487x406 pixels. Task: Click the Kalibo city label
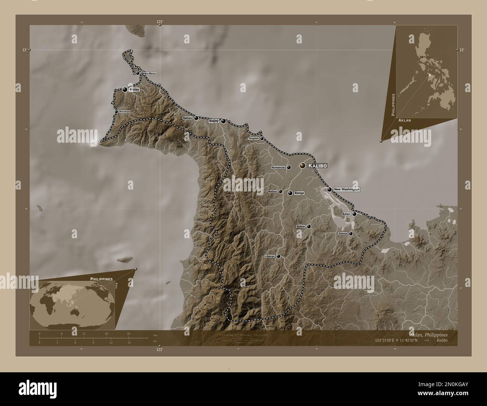(318, 166)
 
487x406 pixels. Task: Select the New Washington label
(347, 190)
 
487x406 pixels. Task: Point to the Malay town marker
(125, 90)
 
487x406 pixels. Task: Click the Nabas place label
(187, 118)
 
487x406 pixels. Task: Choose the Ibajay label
(214, 121)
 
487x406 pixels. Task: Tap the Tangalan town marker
(262, 139)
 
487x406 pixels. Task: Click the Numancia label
(278, 167)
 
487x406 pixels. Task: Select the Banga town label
(299, 193)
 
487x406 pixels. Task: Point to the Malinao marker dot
(280, 191)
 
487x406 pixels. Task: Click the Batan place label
(346, 214)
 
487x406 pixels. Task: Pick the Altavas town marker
(351, 234)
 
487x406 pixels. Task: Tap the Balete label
(301, 227)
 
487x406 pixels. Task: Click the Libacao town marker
(278, 257)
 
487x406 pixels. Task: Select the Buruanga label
(125, 112)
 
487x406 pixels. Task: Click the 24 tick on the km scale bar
(128, 333)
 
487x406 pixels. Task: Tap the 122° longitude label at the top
(160, 22)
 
